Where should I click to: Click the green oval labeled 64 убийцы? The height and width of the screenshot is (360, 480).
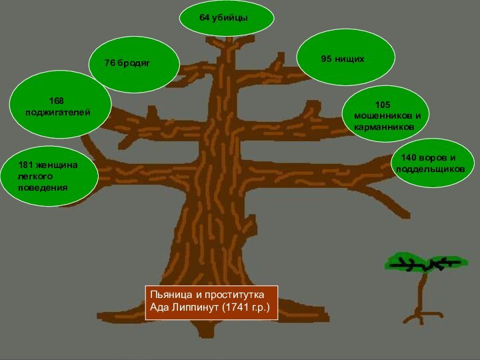227,18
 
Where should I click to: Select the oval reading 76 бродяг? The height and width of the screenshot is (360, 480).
134,63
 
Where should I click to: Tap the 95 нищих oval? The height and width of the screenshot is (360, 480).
345,59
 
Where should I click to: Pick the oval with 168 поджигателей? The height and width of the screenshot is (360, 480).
60,107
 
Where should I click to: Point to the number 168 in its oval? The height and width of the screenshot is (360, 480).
57,101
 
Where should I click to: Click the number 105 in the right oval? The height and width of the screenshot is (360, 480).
383,105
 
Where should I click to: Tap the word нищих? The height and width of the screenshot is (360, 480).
351,59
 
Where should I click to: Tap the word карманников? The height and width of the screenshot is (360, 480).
384,126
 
